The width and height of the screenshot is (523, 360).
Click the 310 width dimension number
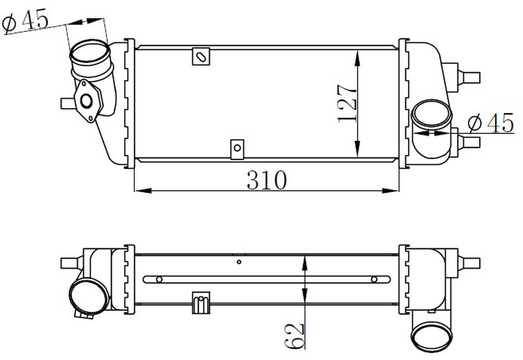267,180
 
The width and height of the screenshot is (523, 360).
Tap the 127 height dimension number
347,104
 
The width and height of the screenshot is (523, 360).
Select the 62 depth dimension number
295,336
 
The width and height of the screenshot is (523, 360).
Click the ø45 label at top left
25,22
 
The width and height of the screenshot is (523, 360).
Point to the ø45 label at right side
491,123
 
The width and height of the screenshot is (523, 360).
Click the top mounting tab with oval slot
201,56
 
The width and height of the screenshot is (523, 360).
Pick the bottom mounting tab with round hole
237,149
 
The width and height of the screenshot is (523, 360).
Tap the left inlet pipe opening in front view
90,54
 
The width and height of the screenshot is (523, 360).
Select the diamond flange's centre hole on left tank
86,101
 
